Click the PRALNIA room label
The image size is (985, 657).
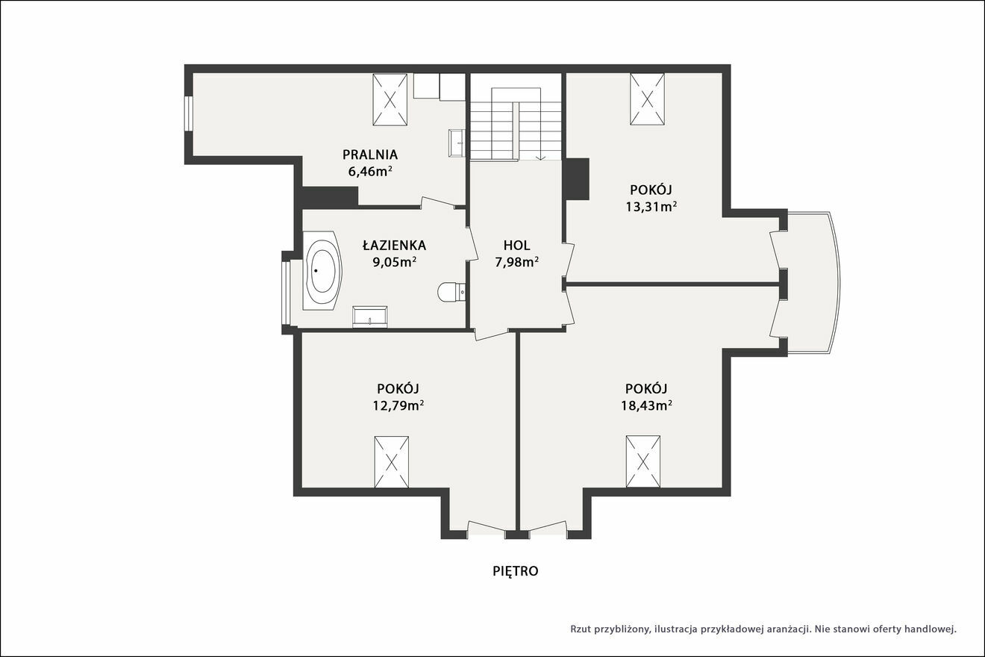[370, 155]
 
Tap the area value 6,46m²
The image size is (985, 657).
[370, 171]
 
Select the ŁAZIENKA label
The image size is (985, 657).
[394, 244]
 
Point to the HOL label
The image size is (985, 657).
[516, 245]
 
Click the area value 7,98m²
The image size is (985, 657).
[517, 262]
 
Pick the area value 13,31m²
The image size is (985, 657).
[651, 206]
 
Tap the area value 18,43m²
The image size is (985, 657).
[646, 405]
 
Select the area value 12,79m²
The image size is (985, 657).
[398, 405]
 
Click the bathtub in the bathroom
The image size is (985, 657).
[322, 272]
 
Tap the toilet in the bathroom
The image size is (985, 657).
[451, 291]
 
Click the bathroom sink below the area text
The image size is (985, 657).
[370, 317]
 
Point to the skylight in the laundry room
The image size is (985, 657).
[390, 100]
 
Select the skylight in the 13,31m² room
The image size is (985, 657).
[647, 99]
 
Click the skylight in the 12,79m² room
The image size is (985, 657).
[391, 462]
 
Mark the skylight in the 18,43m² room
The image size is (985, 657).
[643, 461]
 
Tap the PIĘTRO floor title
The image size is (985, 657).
[516, 571]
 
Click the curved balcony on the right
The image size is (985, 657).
[813, 283]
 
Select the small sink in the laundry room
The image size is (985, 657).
[457, 143]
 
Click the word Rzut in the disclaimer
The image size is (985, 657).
[581, 629]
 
